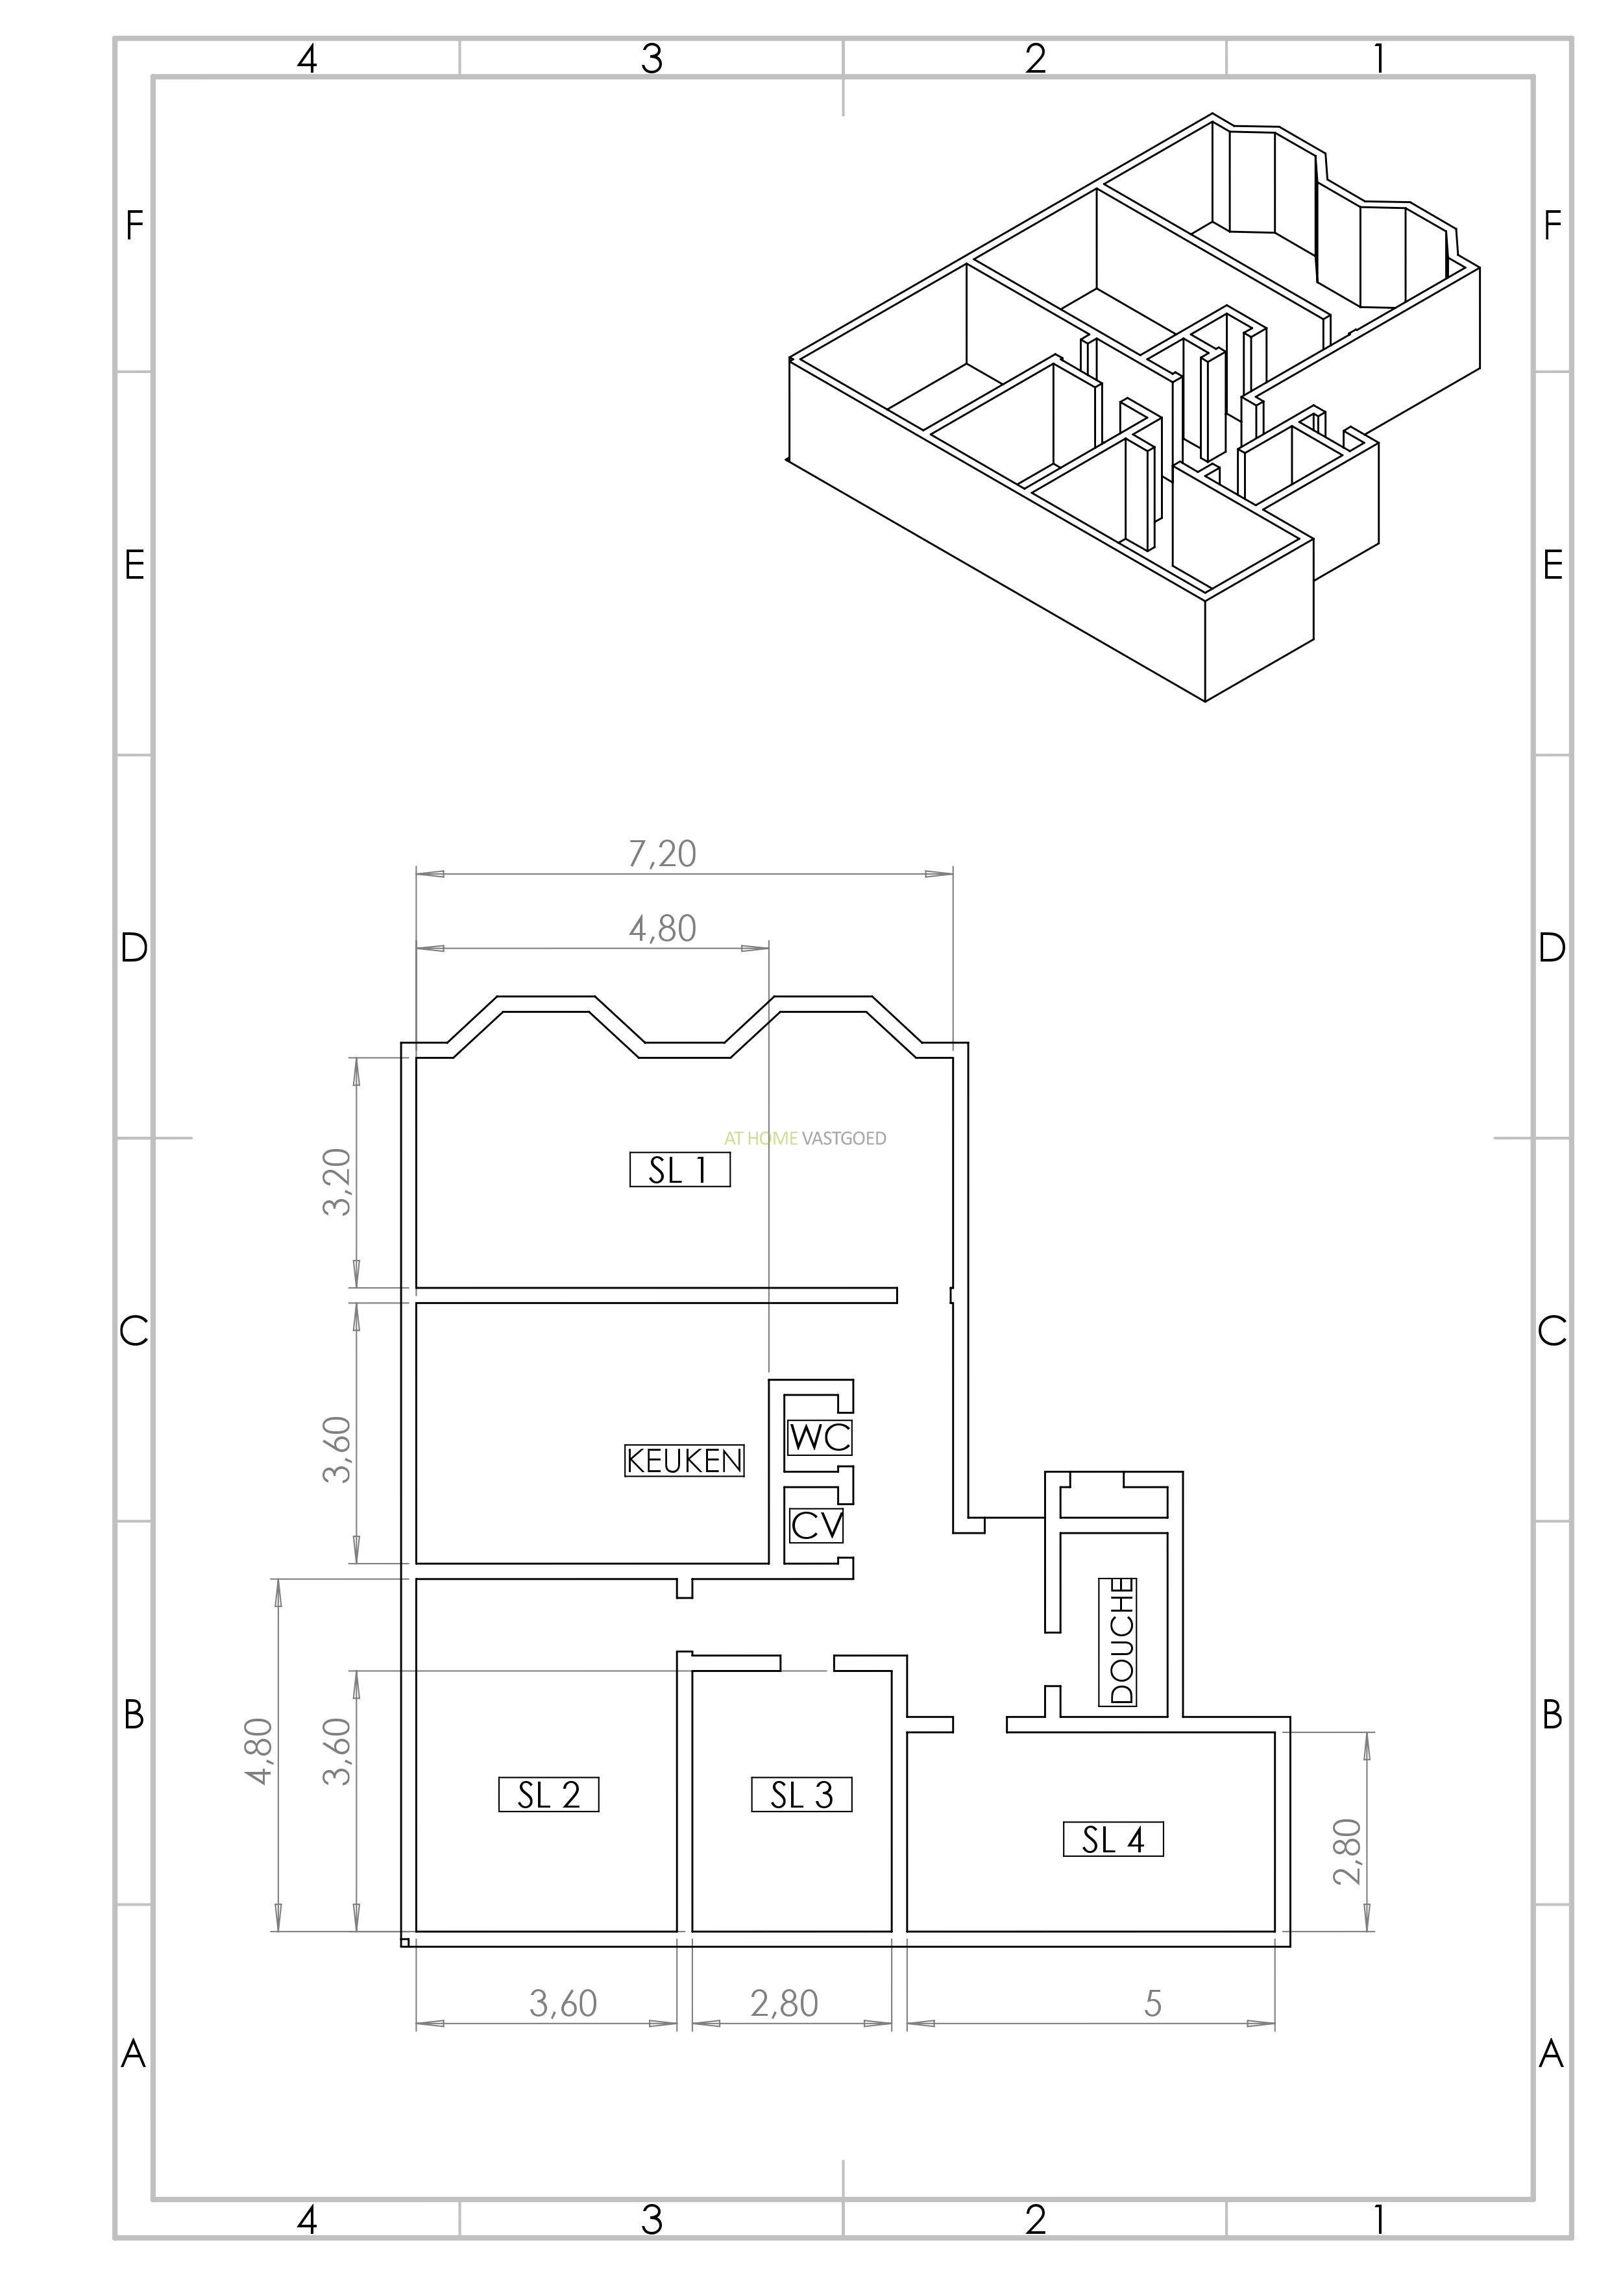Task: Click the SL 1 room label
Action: click(x=680, y=1170)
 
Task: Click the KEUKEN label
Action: click(x=684, y=1460)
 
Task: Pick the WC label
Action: click(x=820, y=1436)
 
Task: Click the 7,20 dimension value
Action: click(x=663, y=854)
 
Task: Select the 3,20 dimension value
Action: click(x=337, y=1181)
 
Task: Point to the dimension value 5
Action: click(x=1152, y=2004)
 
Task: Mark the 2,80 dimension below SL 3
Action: click(x=784, y=2004)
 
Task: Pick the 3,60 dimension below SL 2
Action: click(x=563, y=2004)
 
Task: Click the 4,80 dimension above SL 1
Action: click(x=663, y=929)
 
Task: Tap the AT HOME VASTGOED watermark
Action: click(x=805, y=1138)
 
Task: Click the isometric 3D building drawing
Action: click(x=1133, y=407)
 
